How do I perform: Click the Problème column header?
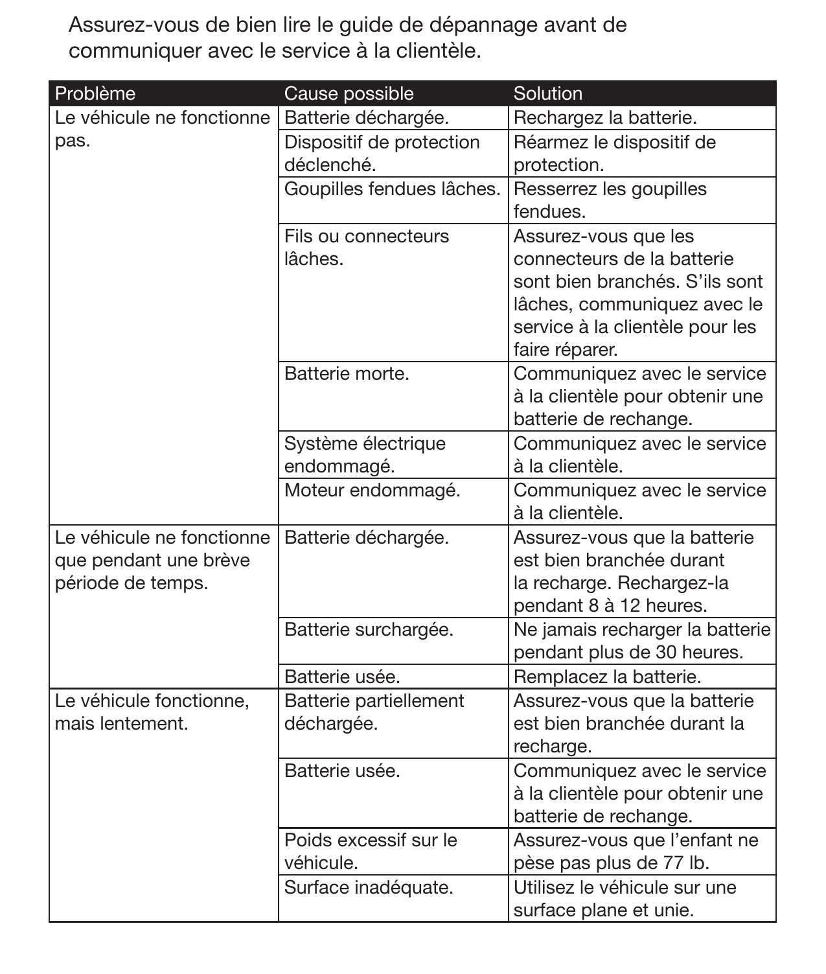click(95, 93)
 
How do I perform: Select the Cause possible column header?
click(349, 93)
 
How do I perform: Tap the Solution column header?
click(547, 93)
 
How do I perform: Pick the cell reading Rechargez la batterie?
click(604, 118)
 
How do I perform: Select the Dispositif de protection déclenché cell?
click(382, 154)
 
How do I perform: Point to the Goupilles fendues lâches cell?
click(392, 189)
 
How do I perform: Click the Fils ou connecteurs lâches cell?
click(366, 247)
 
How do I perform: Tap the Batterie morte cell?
click(347, 374)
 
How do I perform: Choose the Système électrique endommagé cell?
click(365, 455)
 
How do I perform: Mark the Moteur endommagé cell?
click(372, 491)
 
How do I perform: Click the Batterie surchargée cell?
click(368, 629)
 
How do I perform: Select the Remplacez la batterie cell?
click(607, 677)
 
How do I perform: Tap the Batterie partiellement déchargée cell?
click(374, 712)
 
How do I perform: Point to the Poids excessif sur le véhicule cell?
click(371, 852)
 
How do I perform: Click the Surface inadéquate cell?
click(368, 887)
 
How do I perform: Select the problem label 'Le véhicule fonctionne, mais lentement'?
click(152, 712)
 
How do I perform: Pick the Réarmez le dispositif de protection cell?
click(614, 154)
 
